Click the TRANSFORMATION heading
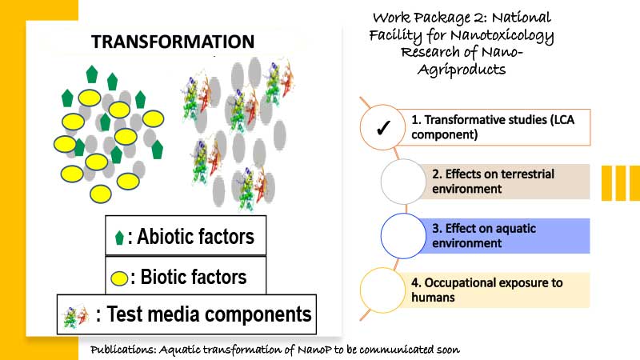point(173,42)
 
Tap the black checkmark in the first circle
point(383,128)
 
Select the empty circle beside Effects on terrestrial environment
point(403,182)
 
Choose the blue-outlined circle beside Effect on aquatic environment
point(403,236)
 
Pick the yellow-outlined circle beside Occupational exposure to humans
point(382,290)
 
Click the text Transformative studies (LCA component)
point(493,127)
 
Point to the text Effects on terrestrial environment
point(493,182)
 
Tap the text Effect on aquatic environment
point(484,235)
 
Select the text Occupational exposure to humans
point(487,290)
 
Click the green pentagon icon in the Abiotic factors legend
point(119,238)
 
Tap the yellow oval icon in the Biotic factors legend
point(119,278)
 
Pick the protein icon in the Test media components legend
point(76,316)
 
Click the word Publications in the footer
point(123,350)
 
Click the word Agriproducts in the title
point(462,70)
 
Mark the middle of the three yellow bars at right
point(621,183)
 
